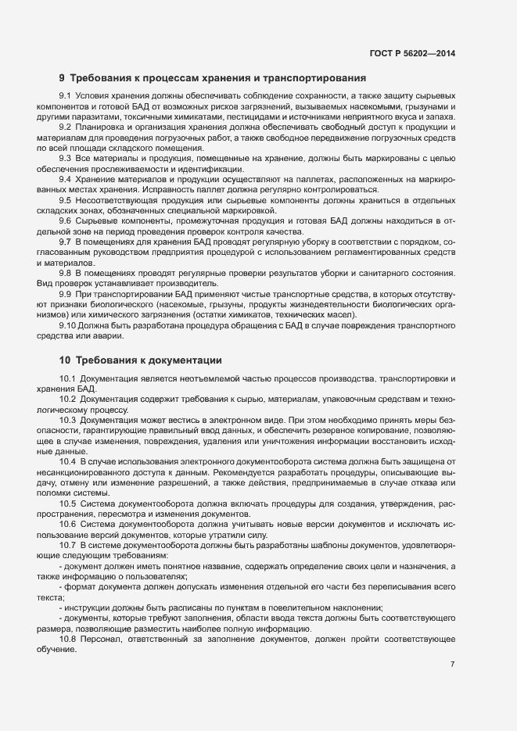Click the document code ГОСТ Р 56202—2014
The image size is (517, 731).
pos(412,52)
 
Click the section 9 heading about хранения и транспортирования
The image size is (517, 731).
pos(213,78)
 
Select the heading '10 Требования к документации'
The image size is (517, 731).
pos(141,360)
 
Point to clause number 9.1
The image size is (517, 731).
pos(66,95)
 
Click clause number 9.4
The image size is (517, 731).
pos(66,179)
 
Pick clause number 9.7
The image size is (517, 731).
pos(66,242)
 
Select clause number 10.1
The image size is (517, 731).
pos(68,378)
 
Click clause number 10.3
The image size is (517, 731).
pos(68,420)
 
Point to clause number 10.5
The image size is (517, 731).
pos(68,503)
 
